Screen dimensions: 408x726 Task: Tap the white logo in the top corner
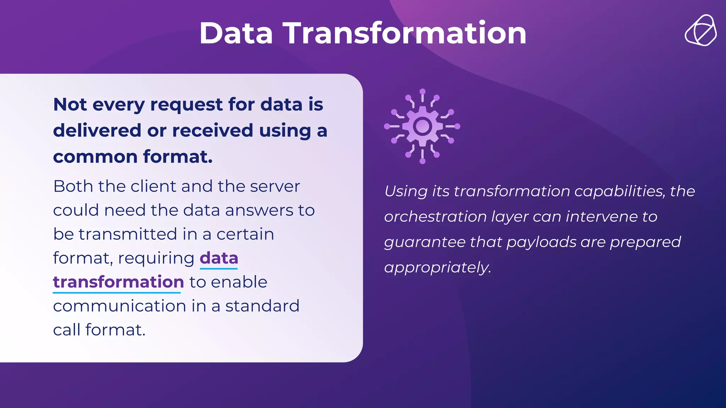(x=700, y=30)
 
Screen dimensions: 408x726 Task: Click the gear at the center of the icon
(x=422, y=126)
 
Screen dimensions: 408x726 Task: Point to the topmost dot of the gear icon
(x=422, y=91)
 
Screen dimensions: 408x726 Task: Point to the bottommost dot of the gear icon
(x=422, y=161)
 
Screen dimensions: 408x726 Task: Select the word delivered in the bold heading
(x=97, y=130)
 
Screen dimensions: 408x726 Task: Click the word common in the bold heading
(x=95, y=157)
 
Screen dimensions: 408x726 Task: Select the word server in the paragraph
(x=275, y=186)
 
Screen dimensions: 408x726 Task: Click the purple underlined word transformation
(x=118, y=282)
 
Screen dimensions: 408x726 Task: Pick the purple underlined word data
(x=219, y=258)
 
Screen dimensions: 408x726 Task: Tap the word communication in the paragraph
(x=119, y=306)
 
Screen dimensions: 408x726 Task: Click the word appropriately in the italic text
(x=437, y=268)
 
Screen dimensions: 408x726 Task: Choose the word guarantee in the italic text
(x=425, y=242)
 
